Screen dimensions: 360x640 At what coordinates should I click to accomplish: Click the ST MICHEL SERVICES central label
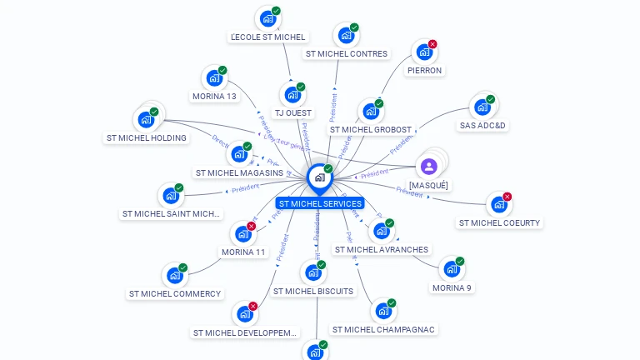click(x=320, y=203)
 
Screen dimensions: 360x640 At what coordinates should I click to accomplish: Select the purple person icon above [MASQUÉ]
click(x=429, y=167)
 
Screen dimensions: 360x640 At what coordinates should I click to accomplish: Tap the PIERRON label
click(x=424, y=71)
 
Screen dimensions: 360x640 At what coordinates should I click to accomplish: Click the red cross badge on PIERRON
click(x=432, y=44)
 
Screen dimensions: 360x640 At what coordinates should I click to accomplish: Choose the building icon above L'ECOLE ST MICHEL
click(x=267, y=18)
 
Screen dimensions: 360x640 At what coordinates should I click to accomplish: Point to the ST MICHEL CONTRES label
click(x=346, y=54)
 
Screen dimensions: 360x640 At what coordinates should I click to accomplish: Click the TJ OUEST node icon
click(x=292, y=94)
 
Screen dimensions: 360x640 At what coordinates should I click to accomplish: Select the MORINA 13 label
click(x=214, y=97)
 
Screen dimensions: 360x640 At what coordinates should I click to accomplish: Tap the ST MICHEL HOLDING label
click(x=147, y=138)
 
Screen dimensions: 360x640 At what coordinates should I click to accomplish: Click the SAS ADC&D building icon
click(x=482, y=107)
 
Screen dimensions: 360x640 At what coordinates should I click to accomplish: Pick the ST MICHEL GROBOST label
click(x=370, y=130)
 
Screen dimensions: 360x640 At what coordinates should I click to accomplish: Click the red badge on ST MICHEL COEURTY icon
click(x=507, y=197)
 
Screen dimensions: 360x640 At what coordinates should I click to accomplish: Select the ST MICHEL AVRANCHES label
click(x=381, y=250)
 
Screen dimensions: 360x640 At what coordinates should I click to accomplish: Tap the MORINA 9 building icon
click(x=451, y=269)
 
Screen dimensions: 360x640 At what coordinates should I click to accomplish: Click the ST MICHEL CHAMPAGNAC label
click(x=383, y=330)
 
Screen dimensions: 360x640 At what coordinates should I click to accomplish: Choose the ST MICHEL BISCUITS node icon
click(x=312, y=272)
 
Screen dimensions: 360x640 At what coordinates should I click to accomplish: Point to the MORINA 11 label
click(x=243, y=252)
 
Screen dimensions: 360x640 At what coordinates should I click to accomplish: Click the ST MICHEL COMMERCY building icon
click(x=174, y=275)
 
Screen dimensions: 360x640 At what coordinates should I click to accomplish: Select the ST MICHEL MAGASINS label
click(x=239, y=173)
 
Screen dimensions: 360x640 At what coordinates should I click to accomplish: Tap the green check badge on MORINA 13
click(x=222, y=71)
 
